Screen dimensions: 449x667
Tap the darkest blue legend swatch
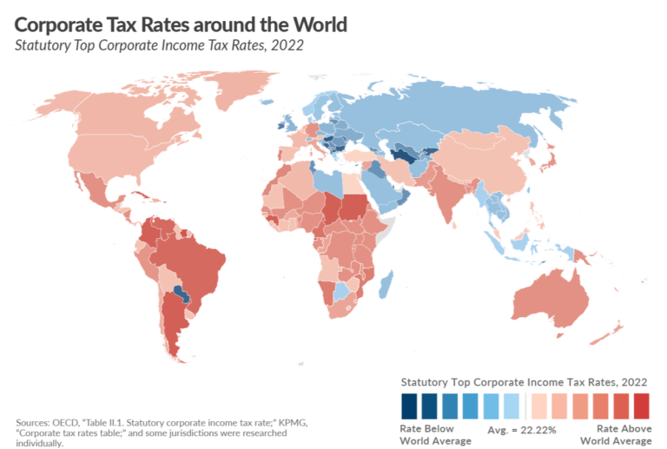(x=408, y=405)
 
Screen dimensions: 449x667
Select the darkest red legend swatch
(x=640, y=405)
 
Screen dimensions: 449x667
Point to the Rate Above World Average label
(x=622, y=434)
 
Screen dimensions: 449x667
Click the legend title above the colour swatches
(x=523, y=381)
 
